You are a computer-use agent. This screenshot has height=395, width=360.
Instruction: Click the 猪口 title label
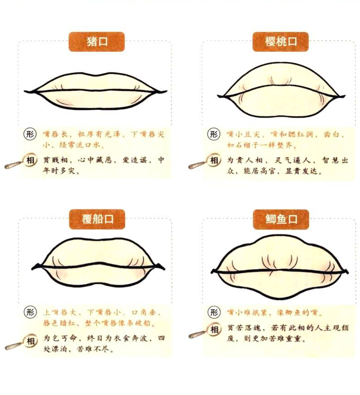pos(97,41)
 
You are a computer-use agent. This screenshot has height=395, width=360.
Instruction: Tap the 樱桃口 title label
pos(280,41)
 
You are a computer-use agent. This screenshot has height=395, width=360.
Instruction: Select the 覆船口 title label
pos(97,219)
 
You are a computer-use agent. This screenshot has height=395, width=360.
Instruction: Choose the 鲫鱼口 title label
pos(281,219)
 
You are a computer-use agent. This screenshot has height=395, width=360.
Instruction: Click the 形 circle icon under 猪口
pos(30,134)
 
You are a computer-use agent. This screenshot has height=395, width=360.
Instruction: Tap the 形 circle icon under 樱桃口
pos(214,134)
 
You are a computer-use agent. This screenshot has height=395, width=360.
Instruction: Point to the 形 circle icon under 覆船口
pos(30,312)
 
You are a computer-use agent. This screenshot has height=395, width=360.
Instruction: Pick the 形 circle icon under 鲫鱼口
pos(214,312)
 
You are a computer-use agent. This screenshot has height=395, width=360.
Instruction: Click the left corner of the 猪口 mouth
pos(25,91)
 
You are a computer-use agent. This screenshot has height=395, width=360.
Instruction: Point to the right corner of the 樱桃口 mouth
pos(345,96)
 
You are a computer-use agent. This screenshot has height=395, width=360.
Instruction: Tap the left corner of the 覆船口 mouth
pos(32,268)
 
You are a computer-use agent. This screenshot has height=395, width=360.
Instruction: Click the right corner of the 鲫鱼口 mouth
pos(348,272)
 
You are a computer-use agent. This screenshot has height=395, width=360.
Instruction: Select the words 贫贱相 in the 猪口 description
pos(55,160)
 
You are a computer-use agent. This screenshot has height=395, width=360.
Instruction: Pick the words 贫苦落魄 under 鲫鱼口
pos(244,328)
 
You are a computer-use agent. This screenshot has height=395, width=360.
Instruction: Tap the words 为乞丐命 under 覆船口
pos(60,338)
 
